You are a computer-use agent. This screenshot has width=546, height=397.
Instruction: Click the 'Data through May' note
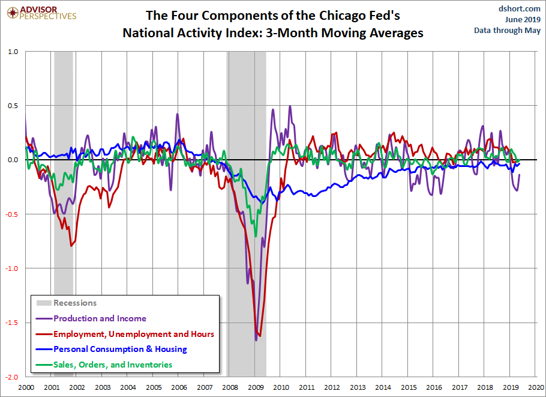tap(507, 30)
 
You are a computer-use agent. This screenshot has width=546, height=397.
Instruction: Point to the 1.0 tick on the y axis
tap(13, 52)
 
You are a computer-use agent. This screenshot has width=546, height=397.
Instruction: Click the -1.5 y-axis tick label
tap(11, 323)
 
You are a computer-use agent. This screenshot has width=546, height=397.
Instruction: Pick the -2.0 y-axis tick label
tap(11, 377)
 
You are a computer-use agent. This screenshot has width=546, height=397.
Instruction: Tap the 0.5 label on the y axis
tap(13, 106)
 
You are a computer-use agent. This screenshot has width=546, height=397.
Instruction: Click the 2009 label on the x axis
tap(255, 388)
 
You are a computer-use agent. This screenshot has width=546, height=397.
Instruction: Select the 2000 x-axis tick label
tap(25, 388)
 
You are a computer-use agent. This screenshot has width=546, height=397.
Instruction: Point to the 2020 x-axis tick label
tap(536, 388)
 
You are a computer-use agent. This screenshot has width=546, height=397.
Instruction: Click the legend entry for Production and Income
tap(100, 318)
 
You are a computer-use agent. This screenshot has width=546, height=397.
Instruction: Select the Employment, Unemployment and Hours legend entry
tap(133, 334)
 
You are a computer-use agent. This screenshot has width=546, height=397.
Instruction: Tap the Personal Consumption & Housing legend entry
tap(120, 349)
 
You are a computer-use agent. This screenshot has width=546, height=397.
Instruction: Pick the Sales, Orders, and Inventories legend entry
tap(113, 365)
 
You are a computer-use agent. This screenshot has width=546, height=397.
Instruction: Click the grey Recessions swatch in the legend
tap(44, 303)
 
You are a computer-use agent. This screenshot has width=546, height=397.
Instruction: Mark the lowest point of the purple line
tap(256, 341)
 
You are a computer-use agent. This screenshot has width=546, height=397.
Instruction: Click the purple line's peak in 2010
tap(290, 106)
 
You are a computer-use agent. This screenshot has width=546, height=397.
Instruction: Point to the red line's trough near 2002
tap(71, 246)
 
